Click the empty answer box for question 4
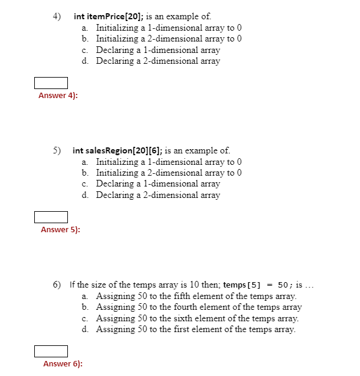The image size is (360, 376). (x=50, y=82)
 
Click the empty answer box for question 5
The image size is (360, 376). (x=50, y=217)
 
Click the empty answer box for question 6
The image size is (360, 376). (x=50, y=351)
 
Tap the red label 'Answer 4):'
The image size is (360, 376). (x=58, y=96)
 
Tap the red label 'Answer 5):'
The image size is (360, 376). (x=60, y=230)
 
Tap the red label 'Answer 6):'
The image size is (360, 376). (x=63, y=364)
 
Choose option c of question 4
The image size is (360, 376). (x=157, y=50)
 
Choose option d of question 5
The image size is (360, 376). (x=157, y=195)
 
